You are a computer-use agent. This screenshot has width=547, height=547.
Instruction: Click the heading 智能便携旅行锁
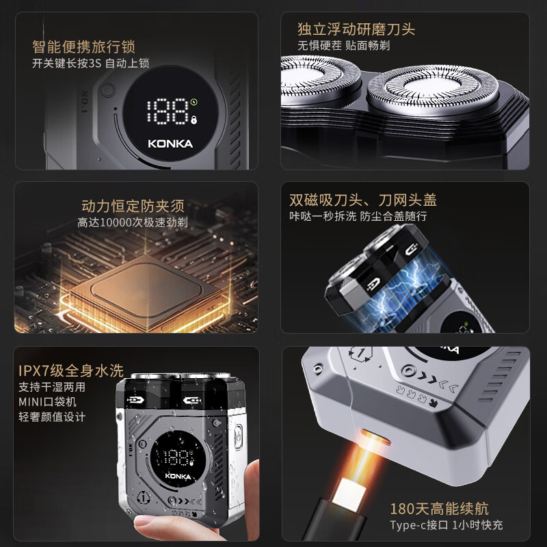83,46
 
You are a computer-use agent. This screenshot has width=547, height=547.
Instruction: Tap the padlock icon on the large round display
194,120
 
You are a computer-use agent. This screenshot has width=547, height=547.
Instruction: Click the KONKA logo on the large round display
170,144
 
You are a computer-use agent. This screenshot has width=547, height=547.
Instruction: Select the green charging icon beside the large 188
194,102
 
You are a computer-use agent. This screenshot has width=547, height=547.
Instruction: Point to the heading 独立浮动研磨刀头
356,29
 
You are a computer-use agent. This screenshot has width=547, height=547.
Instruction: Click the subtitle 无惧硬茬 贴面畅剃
344,46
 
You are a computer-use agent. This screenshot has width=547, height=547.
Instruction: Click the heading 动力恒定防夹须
133,206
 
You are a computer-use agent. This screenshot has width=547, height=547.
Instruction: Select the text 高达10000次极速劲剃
133,222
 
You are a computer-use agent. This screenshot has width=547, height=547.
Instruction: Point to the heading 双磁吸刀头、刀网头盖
363,200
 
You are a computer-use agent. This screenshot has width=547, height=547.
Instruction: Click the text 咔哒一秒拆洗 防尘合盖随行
358,216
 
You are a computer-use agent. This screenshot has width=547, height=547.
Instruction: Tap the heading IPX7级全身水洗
71,371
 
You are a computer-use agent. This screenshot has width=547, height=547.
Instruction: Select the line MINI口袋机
47,402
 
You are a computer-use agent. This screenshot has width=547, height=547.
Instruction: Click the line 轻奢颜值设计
52,417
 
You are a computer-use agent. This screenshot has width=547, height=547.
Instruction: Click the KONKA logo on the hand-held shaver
178,476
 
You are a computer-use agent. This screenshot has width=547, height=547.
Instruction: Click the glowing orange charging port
375,436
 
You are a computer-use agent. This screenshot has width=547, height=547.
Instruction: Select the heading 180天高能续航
439,509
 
